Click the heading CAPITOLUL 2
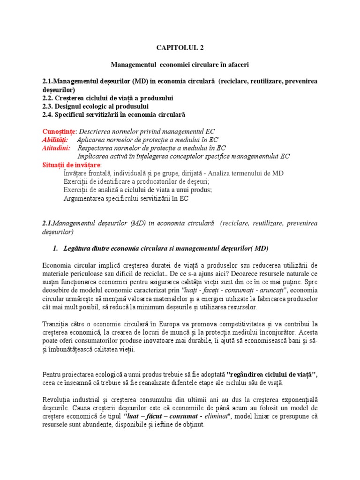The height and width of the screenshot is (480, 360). (x=180, y=47)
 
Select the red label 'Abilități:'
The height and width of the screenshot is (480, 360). (x=55, y=140)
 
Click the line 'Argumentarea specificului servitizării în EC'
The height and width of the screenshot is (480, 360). (x=126, y=198)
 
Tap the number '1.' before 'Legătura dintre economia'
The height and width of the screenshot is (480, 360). (x=55, y=248)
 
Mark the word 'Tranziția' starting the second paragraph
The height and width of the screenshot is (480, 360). (x=56, y=324)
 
